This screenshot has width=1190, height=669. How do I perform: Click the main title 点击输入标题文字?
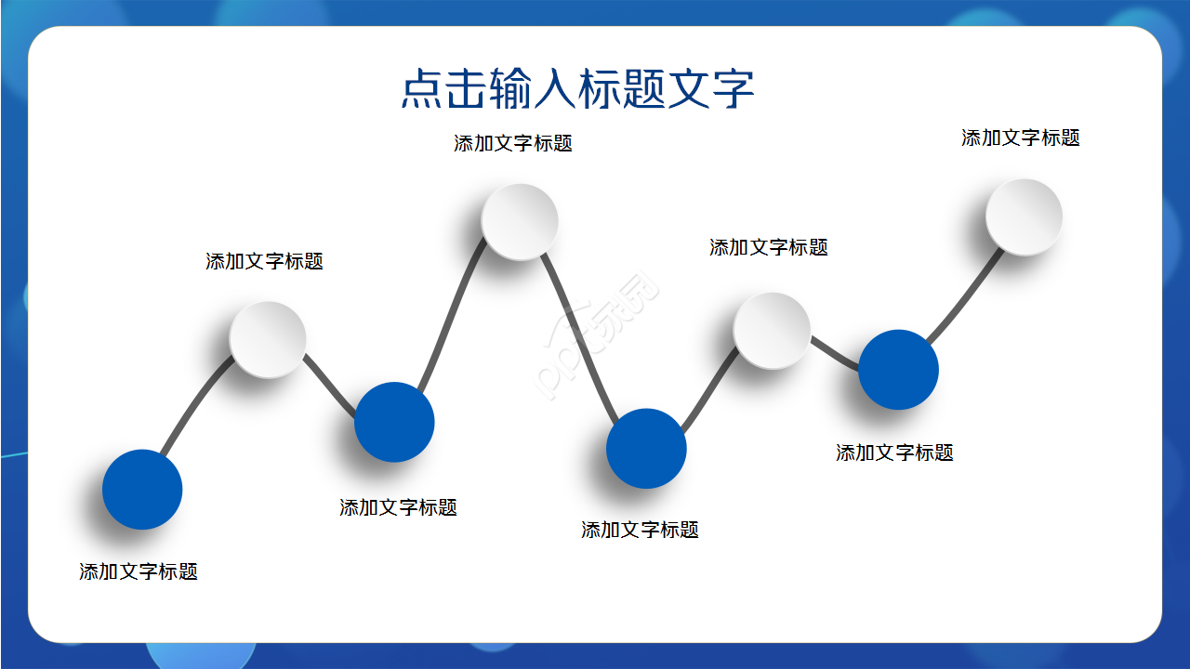pos(576,89)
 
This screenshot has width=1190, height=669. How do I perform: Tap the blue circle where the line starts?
pos(142,490)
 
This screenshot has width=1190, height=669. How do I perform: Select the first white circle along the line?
pos(268,339)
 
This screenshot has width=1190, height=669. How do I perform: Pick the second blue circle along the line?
pos(394,422)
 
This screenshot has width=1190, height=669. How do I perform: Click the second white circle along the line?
pos(520,221)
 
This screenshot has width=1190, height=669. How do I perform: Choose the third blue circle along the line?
pos(646,449)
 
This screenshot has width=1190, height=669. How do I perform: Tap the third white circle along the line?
pos(772,330)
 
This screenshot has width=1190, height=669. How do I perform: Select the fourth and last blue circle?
pos(898,370)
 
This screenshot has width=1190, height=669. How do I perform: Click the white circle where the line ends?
pos(1024,216)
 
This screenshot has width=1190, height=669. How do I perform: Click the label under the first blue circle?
pos(139,571)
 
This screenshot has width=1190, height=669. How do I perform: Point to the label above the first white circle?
pos(264,261)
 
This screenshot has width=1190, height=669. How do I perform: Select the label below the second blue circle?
pos(398,507)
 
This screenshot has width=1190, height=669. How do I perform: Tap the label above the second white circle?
pos(513,143)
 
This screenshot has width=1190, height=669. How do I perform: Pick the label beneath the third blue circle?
pos(640,530)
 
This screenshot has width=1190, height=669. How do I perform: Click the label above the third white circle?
pos(768,247)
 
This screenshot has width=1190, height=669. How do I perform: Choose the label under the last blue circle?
pos(894,453)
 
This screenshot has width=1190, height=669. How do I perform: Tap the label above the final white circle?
pos(1020,138)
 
